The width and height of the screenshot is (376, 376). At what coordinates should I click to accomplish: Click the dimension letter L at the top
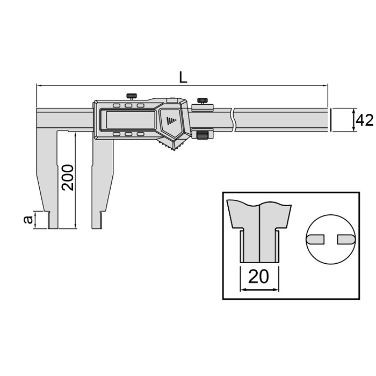point(183,77)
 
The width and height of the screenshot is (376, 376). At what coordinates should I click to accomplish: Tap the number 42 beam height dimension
point(365,120)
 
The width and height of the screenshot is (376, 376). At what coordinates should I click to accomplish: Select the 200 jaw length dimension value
point(68,177)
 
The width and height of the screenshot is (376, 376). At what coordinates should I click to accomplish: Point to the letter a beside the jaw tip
point(28,220)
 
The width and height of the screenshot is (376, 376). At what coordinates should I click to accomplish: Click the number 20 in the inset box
point(259,277)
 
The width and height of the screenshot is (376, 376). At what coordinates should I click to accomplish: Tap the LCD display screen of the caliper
point(130,120)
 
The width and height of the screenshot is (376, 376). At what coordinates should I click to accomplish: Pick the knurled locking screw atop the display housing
point(132,97)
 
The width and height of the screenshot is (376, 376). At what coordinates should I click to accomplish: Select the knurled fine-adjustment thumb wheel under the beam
point(203,134)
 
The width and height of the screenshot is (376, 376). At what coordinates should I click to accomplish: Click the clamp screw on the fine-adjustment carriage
point(202,101)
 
